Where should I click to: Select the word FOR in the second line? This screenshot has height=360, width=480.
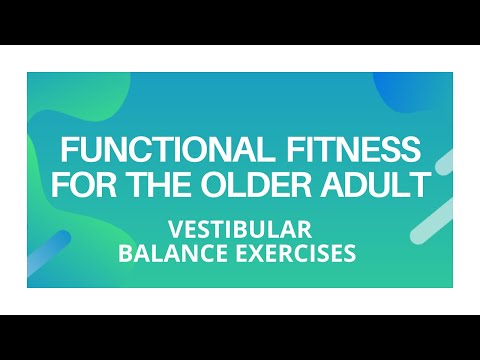coord(81,186)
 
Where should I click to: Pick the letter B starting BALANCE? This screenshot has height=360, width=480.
coord(125,253)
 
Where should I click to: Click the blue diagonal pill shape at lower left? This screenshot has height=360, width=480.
coord(50,250)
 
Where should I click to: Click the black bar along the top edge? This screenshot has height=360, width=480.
coord(240,22)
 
